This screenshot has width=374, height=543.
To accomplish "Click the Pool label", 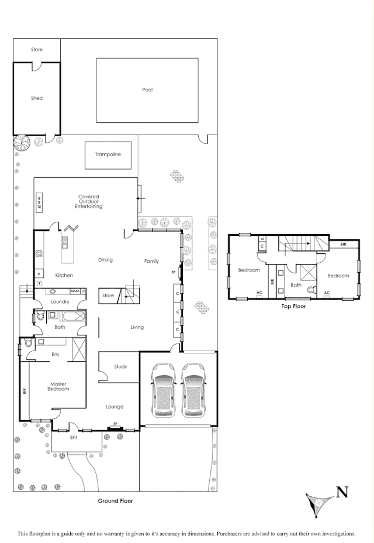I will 147,90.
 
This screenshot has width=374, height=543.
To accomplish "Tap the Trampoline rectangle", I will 108,154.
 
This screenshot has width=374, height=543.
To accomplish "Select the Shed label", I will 37,98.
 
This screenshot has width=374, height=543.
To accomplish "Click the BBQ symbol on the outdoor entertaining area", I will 39,203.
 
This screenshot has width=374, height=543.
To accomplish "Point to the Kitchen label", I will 64,275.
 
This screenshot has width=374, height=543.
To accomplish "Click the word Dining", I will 105,260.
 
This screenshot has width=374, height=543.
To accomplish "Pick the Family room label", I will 151,261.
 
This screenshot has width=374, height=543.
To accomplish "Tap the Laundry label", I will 60,302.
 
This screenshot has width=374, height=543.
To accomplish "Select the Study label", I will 121,367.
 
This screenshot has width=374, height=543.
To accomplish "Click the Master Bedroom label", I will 58,387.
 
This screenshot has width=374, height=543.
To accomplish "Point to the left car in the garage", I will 163,390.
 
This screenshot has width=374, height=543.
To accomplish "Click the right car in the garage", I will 193,390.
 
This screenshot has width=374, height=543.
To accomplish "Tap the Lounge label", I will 115,406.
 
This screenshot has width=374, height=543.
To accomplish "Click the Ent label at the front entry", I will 74,437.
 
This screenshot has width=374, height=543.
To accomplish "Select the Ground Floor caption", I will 115,501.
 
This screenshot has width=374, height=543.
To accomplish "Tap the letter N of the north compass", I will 342,492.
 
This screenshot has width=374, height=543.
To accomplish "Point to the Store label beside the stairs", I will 108,296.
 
